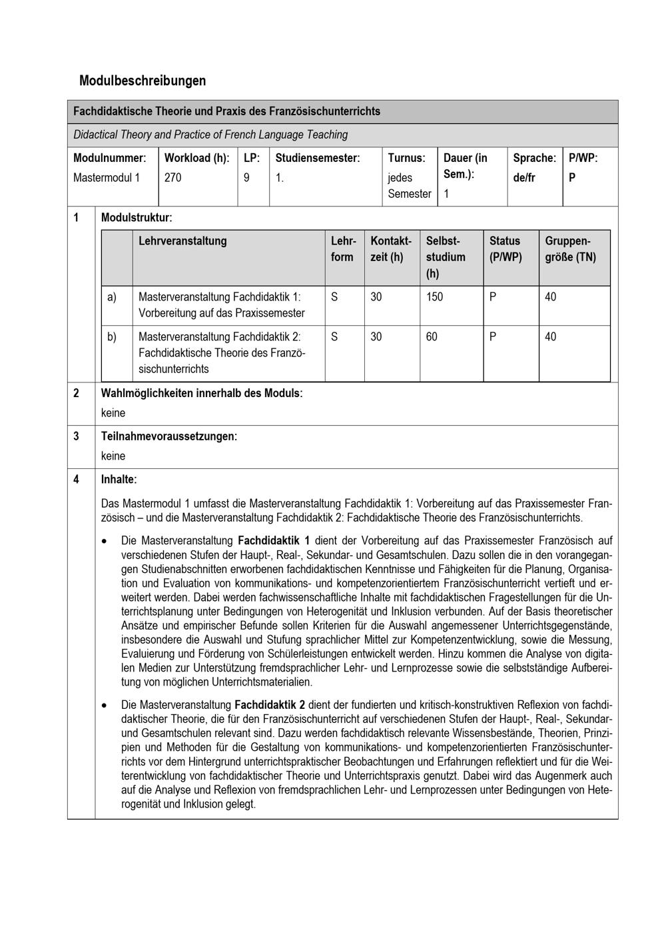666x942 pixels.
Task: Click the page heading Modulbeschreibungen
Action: (143, 81)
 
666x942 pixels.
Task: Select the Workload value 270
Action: (172, 178)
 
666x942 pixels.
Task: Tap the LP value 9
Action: (246, 178)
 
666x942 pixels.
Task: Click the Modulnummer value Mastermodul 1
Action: (107, 178)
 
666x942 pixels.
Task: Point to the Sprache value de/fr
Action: (524, 178)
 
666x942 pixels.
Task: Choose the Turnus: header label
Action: (406, 158)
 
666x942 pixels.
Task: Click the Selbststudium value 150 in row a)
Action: (434, 297)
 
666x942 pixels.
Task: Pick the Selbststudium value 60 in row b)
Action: (432, 337)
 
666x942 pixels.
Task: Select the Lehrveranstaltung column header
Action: (182, 241)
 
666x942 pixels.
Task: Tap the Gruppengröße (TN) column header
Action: (570, 249)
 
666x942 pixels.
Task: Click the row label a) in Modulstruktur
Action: (112, 297)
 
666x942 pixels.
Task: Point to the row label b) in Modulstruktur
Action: (112, 337)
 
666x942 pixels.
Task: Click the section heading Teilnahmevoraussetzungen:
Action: (168, 436)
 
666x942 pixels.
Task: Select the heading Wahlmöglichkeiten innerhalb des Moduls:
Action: (201, 393)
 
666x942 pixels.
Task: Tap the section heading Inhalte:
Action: (119, 479)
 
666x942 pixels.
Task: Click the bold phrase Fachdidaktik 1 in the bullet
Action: (273, 540)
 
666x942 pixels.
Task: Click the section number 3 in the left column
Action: (76, 436)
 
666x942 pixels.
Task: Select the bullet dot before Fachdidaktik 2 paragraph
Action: (105, 705)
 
